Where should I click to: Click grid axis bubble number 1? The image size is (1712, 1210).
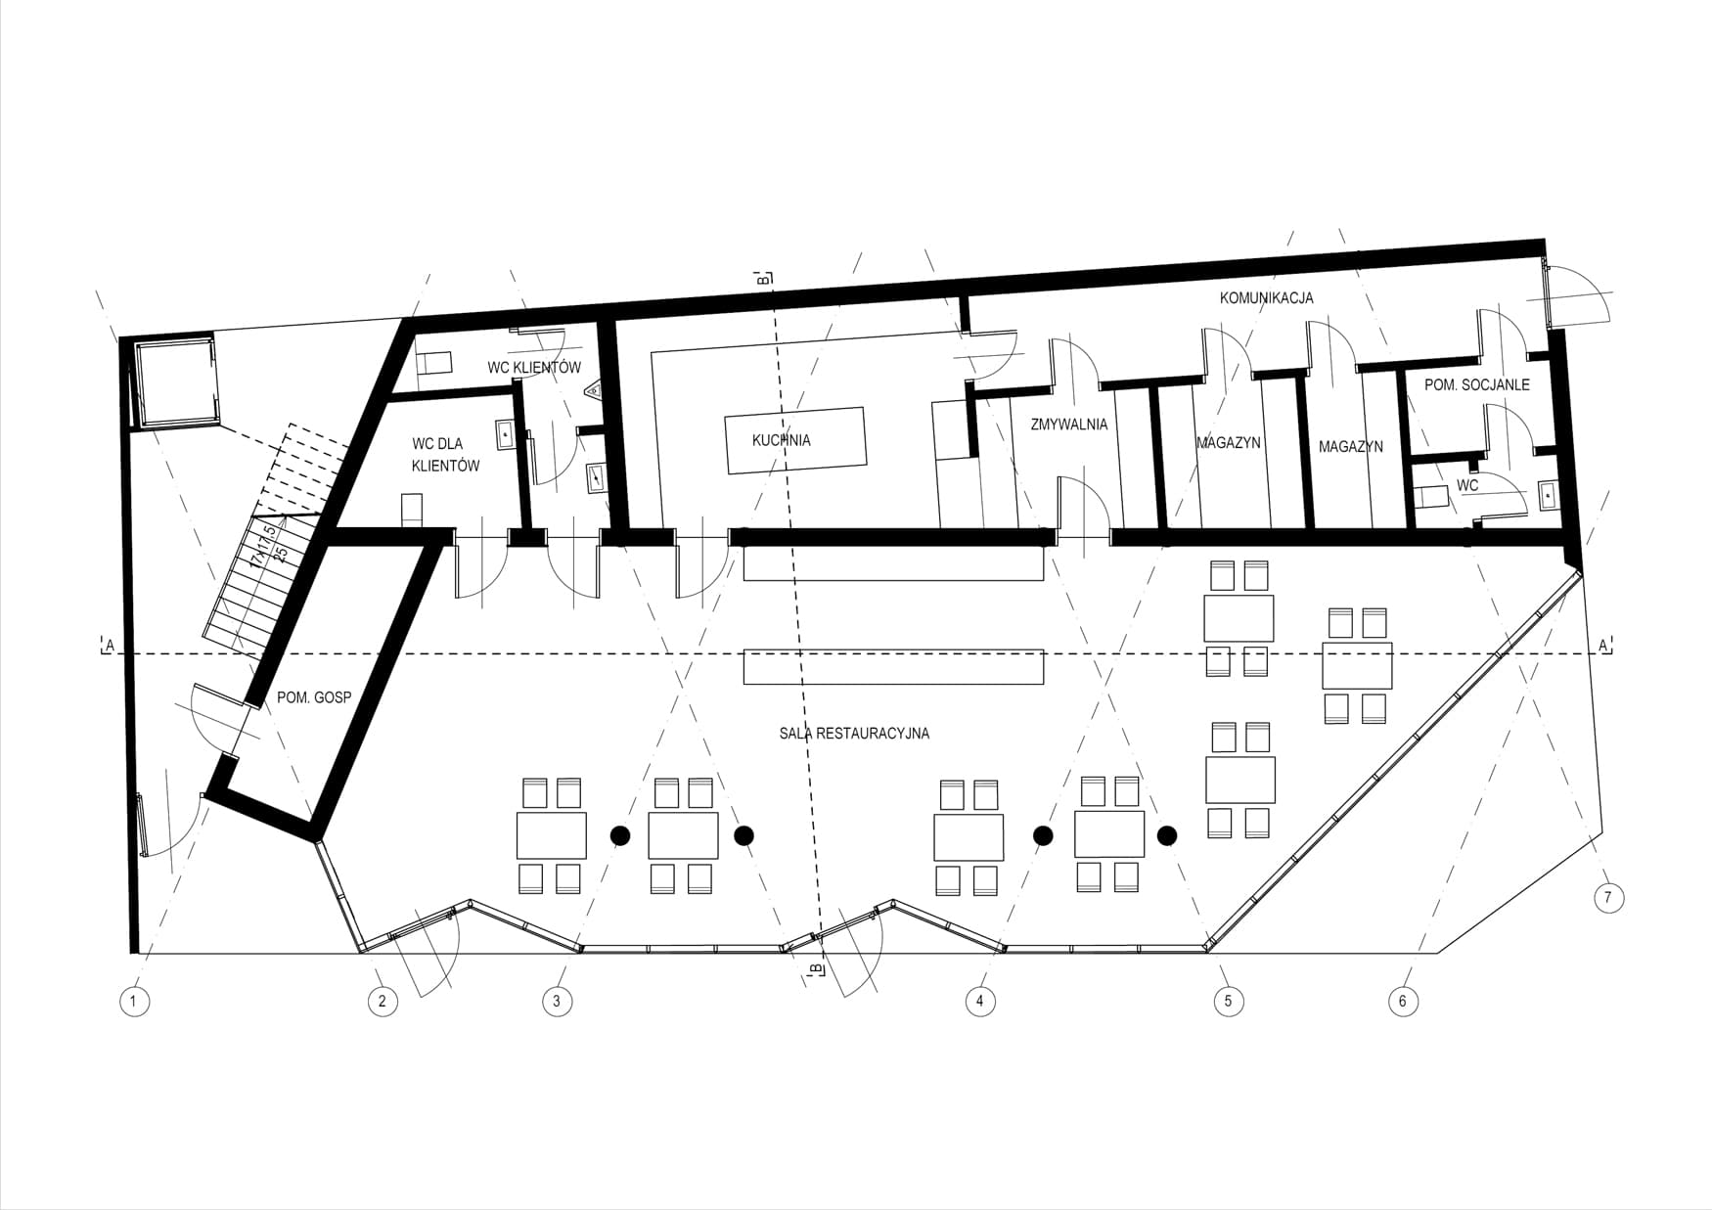pos(134,1001)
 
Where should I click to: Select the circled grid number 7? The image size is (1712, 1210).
pos(1608,898)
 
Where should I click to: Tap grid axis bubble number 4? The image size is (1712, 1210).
pos(979,1001)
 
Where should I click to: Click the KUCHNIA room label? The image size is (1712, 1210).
pos(781,440)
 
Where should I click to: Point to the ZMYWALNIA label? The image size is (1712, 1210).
pos(1069,425)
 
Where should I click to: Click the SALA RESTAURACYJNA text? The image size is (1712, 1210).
pos(854,733)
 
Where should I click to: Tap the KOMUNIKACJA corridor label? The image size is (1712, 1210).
pos(1266,297)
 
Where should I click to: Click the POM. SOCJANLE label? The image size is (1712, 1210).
pos(1476,385)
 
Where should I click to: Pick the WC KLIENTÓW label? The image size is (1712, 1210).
pos(534,368)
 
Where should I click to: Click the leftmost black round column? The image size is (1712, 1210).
pos(619,834)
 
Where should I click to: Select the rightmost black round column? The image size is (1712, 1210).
pos(1166,834)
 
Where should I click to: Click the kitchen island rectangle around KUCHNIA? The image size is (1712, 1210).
pos(794,440)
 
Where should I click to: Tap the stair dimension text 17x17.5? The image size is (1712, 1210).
pos(263,545)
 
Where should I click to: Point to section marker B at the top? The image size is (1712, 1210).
pos(763,278)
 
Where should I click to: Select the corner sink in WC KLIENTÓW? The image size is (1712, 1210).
pos(593,393)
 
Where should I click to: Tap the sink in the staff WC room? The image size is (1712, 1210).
pos(1549,495)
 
